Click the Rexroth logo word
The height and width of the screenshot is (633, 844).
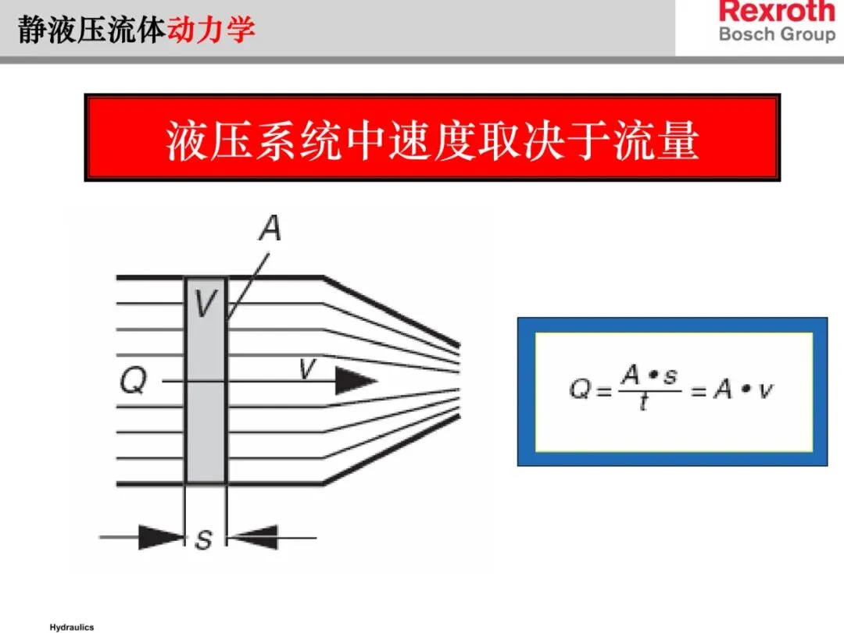tap(776, 12)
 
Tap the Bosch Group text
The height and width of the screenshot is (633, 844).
tap(776, 35)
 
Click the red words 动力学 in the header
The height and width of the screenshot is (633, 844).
tap(212, 30)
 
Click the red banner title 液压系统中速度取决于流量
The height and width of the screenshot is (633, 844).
tap(432, 139)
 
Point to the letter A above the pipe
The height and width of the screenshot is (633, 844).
tap(269, 229)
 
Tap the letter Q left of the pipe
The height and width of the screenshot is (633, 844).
tap(134, 382)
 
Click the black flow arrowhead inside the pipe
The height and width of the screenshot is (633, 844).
tap(356, 382)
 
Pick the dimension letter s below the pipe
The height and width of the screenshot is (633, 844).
tap(204, 539)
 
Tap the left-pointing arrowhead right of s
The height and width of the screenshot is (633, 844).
tap(253, 537)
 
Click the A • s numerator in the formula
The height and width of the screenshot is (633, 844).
tap(649, 375)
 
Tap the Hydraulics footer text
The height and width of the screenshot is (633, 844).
tap(72, 628)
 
